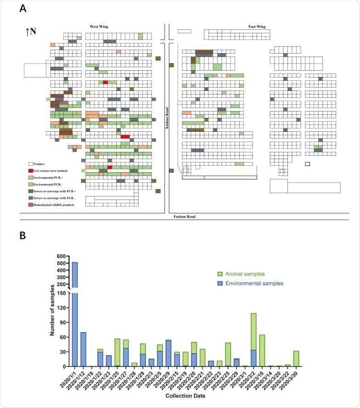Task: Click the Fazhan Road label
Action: [x=184, y=216]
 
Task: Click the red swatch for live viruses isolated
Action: [x=31, y=170]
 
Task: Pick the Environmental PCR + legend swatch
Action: [x=31, y=177]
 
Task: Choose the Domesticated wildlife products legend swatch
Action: [x=31, y=204]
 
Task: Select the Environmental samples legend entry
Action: [x=249, y=284]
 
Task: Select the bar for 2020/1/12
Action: [x=83, y=349]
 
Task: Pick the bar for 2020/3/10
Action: [x=262, y=351]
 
